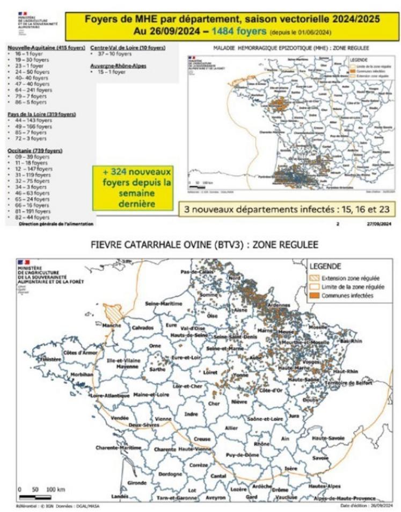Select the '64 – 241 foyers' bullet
(32, 91)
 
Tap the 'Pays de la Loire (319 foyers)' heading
(41, 114)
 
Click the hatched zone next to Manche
(116, 312)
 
